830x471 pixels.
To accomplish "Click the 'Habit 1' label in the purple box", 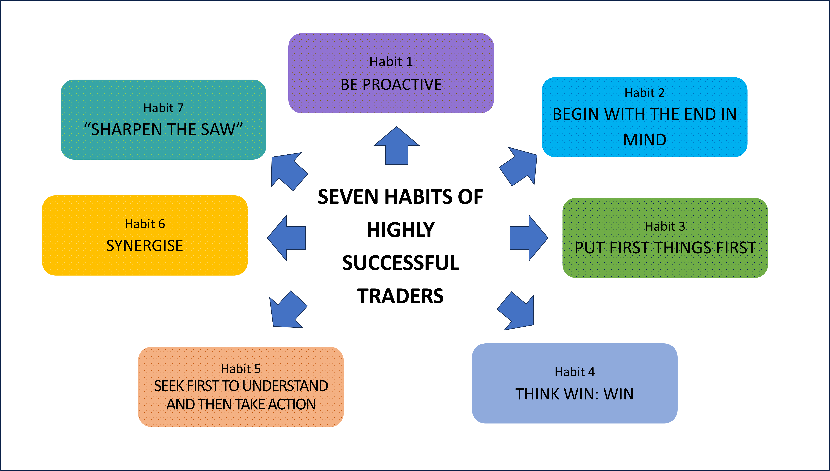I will tap(391, 62).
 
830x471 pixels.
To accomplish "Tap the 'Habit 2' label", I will tap(644, 93).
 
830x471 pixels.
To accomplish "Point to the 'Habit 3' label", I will tap(665, 227).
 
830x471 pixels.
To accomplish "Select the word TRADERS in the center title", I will tap(400, 296).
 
